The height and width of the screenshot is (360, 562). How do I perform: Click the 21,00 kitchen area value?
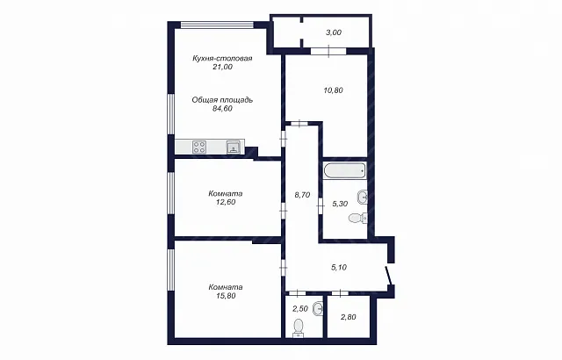click(x=222, y=67)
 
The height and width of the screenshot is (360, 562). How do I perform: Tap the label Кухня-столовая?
click(x=222, y=58)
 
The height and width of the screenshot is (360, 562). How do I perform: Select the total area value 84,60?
click(x=222, y=109)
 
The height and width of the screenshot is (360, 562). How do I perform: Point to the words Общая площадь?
click(x=222, y=100)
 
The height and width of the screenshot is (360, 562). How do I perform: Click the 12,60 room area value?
click(x=226, y=202)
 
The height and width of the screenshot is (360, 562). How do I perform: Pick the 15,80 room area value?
click(x=226, y=296)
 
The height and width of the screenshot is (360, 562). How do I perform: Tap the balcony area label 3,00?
click(x=334, y=32)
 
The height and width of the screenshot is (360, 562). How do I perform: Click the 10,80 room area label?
click(x=334, y=90)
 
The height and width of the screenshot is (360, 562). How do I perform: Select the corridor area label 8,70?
click(x=302, y=195)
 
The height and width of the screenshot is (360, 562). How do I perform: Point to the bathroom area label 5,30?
click(x=340, y=204)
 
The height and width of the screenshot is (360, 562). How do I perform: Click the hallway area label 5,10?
click(x=339, y=267)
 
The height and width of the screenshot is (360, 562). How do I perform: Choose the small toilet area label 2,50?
click(x=300, y=309)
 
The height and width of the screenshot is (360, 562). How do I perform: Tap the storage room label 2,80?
click(x=348, y=317)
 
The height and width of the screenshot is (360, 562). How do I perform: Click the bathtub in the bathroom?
click(x=345, y=171)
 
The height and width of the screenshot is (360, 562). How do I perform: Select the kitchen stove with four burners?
click(x=199, y=147)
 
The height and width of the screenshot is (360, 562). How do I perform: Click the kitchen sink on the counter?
click(x=234, y=147)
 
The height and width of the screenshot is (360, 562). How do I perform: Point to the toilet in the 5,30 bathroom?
click(x=358, y=218)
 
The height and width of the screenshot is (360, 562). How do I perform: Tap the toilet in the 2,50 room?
click(x=299, y=328)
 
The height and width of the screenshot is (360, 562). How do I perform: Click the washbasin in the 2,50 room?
click(x=318, y=308)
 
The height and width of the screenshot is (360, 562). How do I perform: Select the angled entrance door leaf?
click(x=388, y=275)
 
